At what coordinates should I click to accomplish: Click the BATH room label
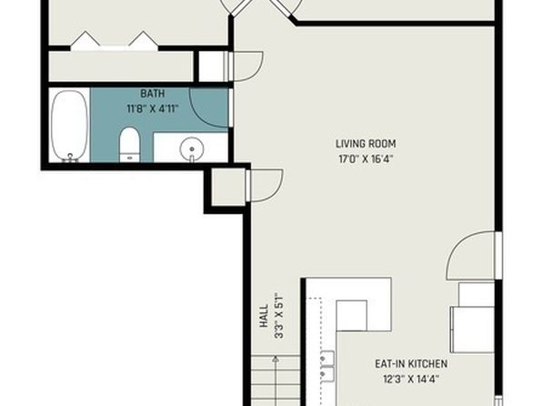153,94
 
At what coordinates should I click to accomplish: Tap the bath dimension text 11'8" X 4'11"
153,109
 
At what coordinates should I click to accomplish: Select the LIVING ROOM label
366,144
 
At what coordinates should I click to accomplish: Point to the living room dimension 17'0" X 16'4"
366,159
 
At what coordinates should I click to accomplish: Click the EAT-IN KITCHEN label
411,364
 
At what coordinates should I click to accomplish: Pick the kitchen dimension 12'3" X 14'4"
411,379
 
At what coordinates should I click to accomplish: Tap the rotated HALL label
264,316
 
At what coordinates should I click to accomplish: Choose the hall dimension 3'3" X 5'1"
278,316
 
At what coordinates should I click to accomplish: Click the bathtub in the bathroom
69,126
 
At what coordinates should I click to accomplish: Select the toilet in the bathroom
129,145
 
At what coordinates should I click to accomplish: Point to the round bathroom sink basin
192,148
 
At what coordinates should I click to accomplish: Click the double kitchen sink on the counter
327,367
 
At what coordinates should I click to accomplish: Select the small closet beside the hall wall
228,187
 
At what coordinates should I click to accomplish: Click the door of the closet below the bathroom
266,185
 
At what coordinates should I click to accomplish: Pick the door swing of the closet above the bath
247,66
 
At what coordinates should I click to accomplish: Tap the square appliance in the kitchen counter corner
352,316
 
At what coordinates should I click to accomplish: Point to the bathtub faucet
70,157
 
